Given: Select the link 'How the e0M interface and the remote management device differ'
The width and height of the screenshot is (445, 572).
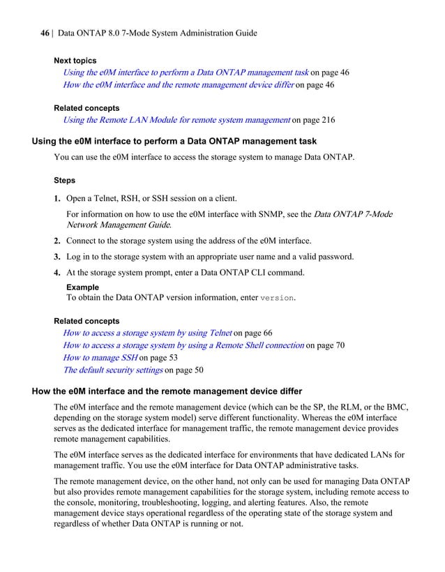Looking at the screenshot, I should click(179, 84).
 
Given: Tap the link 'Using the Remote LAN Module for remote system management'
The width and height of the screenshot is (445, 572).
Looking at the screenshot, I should click(176, 120).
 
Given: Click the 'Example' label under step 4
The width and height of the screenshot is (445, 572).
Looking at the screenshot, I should click(82, 287).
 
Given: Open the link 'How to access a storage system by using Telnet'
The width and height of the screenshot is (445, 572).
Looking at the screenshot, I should click(147, 333).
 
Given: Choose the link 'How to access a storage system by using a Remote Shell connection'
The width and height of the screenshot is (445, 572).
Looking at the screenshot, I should click(183, 345).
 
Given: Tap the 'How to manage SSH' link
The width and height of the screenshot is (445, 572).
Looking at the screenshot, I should click(100, 357).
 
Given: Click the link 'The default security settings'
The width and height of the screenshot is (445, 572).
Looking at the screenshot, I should click(112, 370).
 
